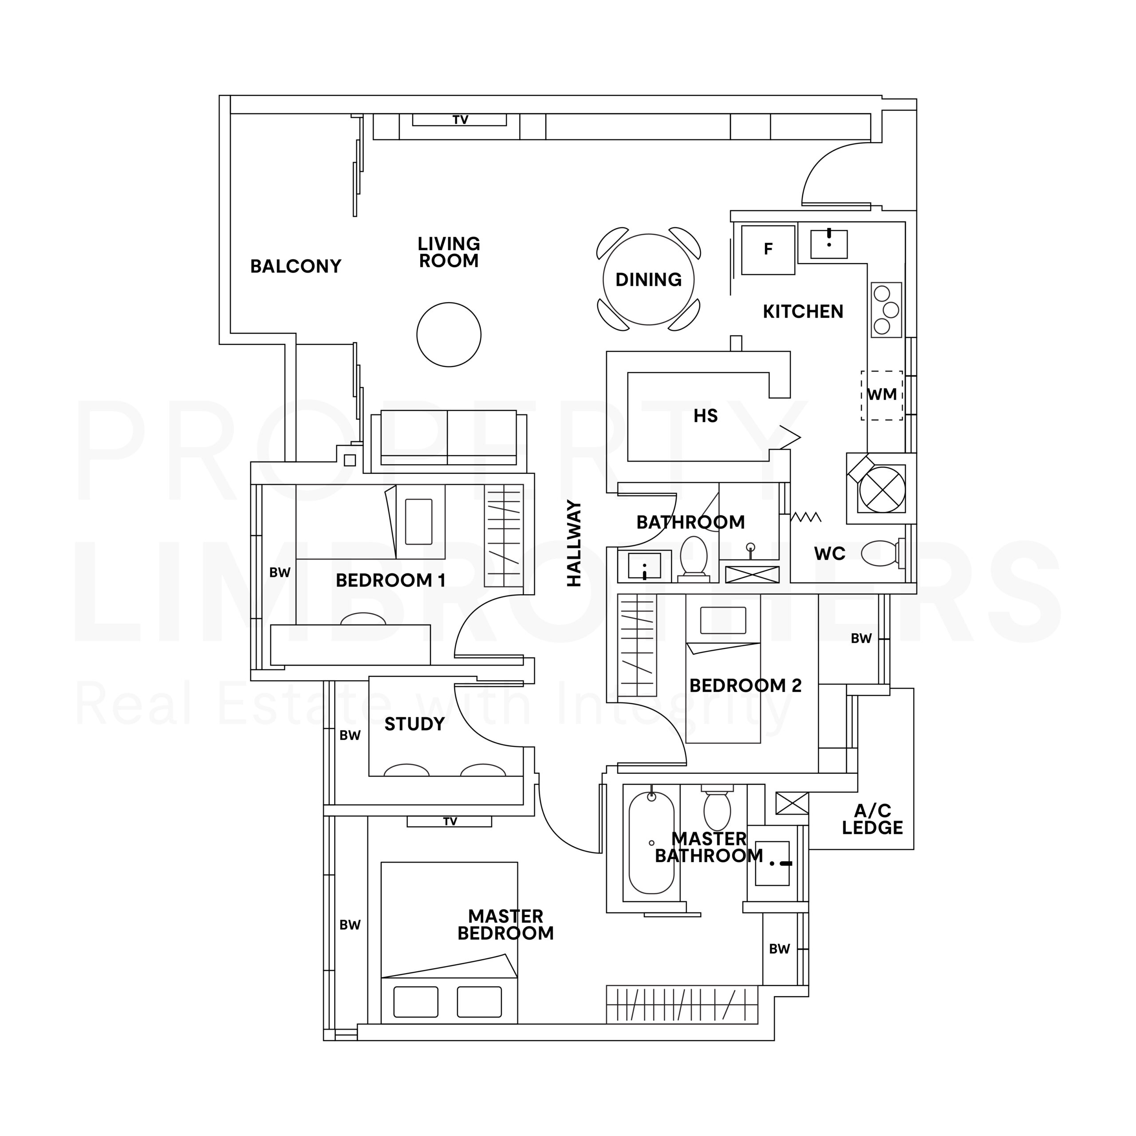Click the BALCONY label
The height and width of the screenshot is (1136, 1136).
click(296, 266)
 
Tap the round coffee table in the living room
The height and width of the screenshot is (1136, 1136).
click(449, 335)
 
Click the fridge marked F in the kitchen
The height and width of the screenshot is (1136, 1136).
click(768, 249)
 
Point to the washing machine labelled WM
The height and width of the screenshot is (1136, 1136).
click(881, 395)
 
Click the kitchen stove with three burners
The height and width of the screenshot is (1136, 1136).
click(886, 310)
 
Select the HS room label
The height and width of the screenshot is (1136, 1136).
click(706, 416)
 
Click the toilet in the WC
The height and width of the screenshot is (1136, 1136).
click(882, 553)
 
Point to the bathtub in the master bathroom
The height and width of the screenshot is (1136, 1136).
click(651, 843)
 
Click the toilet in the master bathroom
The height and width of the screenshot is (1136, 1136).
click(717, 807)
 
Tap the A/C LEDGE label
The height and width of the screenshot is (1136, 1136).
click(872, 819)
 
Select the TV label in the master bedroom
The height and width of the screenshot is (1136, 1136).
click(450, 821)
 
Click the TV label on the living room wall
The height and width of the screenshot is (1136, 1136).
click(461, 120)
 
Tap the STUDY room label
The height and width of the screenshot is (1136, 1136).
click(414, 724)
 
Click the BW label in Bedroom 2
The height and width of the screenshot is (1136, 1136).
click(861, 639)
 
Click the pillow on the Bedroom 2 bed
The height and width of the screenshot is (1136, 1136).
click(723, 620)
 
